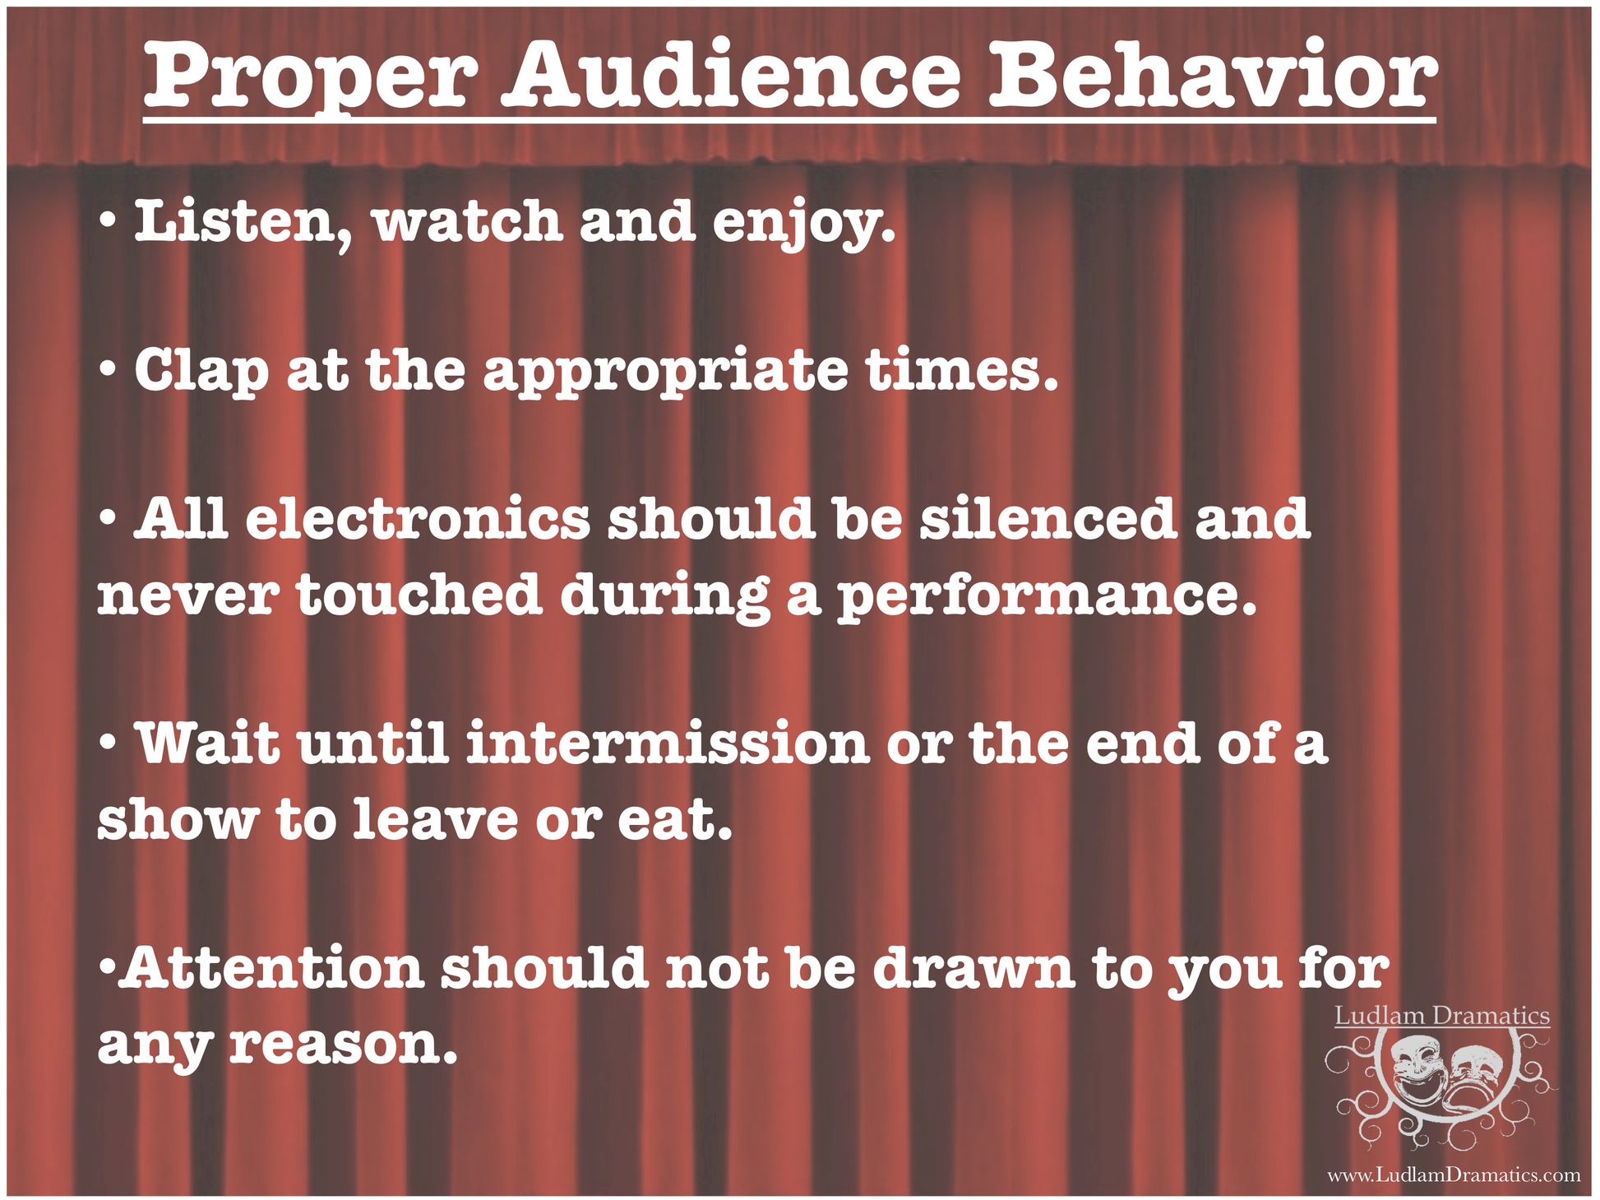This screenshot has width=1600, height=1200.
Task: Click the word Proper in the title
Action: pyautogui.click(x=311, y=79)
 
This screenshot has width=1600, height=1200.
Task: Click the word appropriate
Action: pyautogui.click(x=666, y=373)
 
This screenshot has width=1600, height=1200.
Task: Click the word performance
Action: pyautogui.click(x=1047, y=595)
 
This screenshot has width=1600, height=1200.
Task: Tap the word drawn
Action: pyautogui.click(x=973, y=968)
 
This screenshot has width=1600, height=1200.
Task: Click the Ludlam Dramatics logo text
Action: pyautogui.click(x=1442, y=1016)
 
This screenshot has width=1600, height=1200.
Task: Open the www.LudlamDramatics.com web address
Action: pyautogui.click(x=1454, y=1175)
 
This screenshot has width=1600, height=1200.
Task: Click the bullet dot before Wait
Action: pyautogui.click(x=105, y=741)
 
